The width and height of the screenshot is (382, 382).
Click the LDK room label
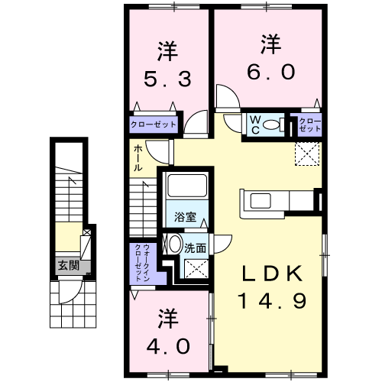click(272, 274)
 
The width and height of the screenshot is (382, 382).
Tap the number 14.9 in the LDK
click(272, 301)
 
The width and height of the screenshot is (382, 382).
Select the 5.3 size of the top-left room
click(167, 79)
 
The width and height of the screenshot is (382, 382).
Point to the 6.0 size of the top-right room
click(271, 72)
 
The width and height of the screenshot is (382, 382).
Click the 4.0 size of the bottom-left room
click(168, 346)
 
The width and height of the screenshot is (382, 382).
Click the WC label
click(255, 125)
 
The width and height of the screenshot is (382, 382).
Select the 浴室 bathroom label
click(185, 217)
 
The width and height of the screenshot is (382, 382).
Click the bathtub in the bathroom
click(186, 186)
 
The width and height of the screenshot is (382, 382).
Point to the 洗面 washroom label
click(196, 248)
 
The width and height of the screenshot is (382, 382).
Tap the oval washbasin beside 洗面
click(175, 244)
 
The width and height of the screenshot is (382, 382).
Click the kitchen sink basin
click(261, 201)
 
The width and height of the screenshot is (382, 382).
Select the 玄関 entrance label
click(69, 266)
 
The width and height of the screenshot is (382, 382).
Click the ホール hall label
click(138, 158)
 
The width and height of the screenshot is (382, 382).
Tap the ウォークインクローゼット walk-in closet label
click(142, 263)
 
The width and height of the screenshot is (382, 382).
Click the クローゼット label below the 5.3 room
click(154, 125)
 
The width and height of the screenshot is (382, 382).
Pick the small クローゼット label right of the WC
click(309, 125)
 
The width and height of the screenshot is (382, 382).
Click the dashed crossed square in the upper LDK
click(307, 154)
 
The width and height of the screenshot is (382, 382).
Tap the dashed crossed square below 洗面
click(196, 269)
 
